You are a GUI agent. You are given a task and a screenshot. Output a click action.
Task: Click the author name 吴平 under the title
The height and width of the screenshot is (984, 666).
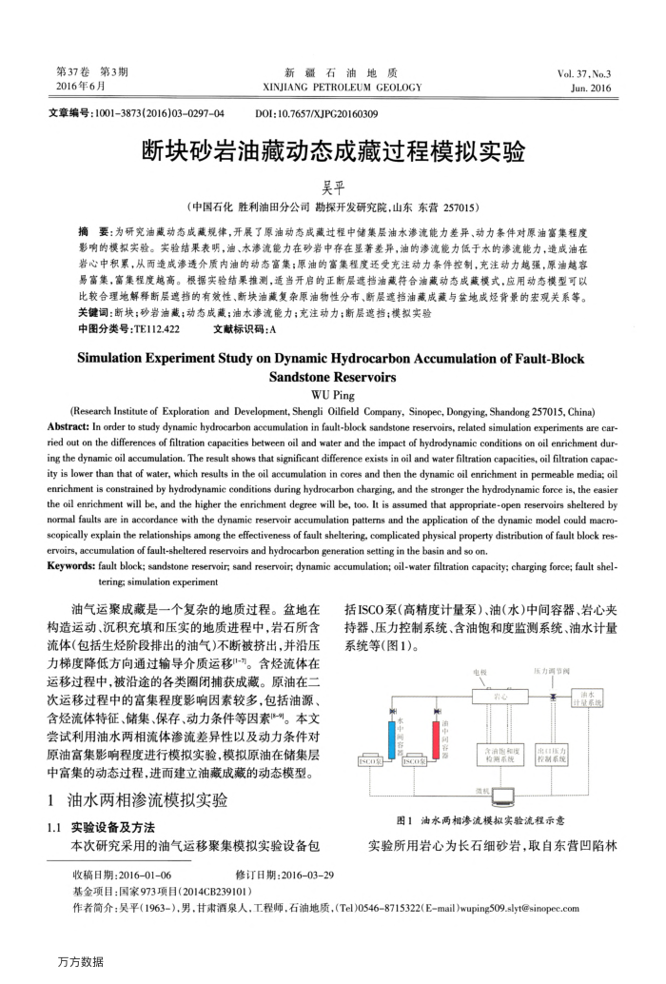332,187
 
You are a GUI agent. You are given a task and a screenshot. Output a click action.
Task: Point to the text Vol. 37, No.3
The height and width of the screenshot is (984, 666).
584,73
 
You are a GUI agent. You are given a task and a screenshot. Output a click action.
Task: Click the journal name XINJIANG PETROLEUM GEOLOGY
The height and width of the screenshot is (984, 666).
333,88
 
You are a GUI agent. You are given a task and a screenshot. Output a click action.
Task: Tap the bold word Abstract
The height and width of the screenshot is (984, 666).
75,425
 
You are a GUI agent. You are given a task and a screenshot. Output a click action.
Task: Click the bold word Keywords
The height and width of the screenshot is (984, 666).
77,565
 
